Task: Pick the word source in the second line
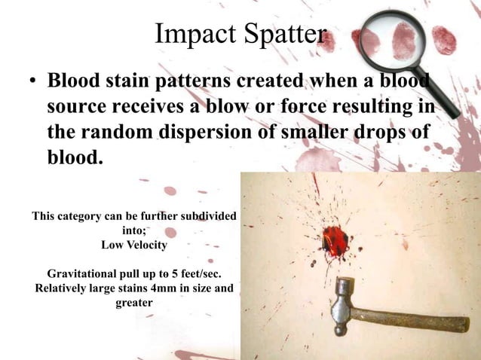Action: click(x=78, y=107)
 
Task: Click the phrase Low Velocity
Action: click(x=134, y=245)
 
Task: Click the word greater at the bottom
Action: click(x=134, y=303)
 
